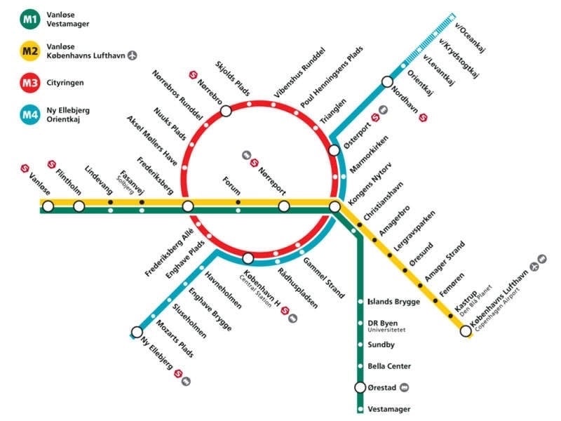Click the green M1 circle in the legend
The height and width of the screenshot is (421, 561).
pyautogui.click(x=30, y=19)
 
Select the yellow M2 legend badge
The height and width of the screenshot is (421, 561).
pyautogui.click(x=30, y=51)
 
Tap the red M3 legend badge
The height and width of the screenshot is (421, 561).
pyautogui.click(x=30, y=83)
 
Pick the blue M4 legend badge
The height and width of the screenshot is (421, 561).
pyautogui.click(x=30, y=114)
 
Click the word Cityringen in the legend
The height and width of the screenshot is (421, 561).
pyautogui.click(x=65, y=83)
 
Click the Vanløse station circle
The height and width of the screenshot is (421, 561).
pyautogui.click(x=48, y=206)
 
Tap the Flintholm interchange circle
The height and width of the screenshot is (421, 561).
pyautogui.click(x=79, y=206)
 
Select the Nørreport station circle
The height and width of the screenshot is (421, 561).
pyautogui.click(x=284, y=206)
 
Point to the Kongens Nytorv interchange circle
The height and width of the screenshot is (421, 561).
pyautogui.click(x=334, y=206)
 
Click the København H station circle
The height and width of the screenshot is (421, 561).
pyautogui.click(x=248, y=258)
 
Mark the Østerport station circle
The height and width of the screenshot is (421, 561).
pyautogui.click(x=334, y=150)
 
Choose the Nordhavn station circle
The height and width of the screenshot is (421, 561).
pyautogui.click(x=387, y=81)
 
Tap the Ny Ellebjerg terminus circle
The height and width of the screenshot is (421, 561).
pyautogui.click(x=137, y=332)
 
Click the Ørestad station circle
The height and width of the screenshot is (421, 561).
pyautogui.click(x=360, y=387)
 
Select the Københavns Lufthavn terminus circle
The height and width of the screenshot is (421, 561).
pyautogui.click(x=466, y=331)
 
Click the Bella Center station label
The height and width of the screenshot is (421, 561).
pyautogui.click(x=389, y=366)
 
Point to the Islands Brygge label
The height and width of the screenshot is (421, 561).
pyautogui.click(x=394, y=302)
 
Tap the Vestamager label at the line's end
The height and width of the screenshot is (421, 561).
pyautogui.click(x=389, y=409)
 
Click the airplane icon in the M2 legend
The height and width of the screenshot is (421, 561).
pyautogui.click(x=133, y=55)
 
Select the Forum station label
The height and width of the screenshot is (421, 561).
pyautogui.click(x=231, y=185)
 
